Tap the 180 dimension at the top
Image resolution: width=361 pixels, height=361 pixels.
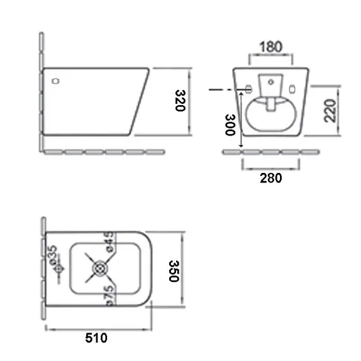270,47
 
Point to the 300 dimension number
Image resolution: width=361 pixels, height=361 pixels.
229,125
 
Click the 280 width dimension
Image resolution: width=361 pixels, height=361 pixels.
271,178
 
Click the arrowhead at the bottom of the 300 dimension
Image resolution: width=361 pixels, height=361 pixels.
241,146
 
